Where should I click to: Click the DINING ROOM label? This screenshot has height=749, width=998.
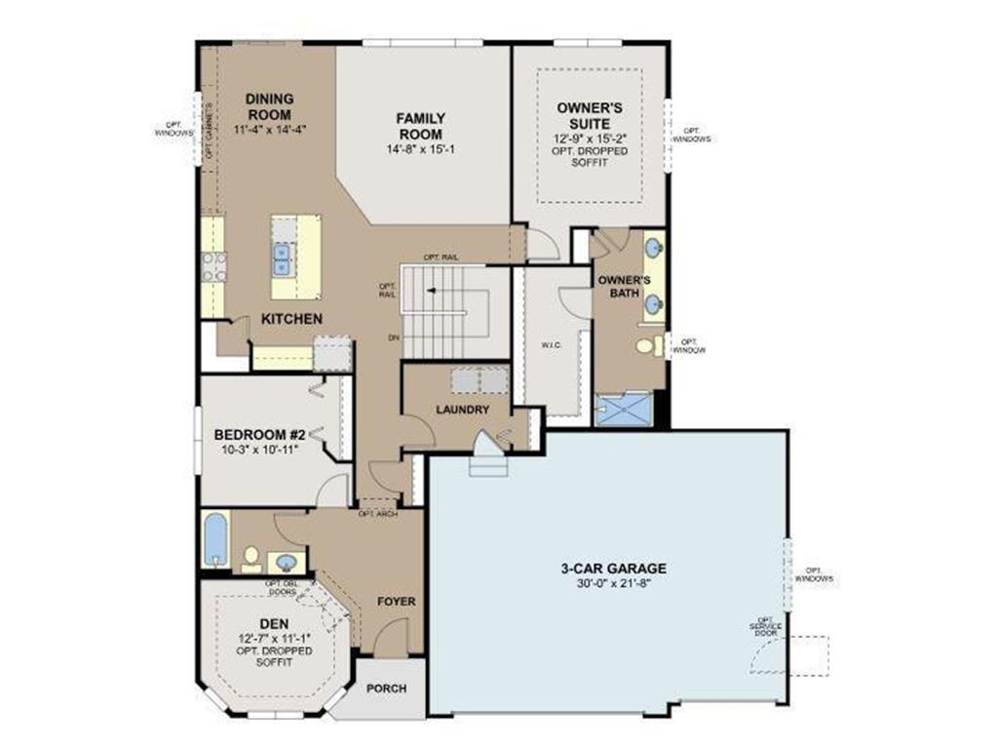pos(270,106)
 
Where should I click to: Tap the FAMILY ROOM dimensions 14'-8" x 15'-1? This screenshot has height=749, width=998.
pos(420,149)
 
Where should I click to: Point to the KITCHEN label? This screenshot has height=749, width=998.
pos(291,319)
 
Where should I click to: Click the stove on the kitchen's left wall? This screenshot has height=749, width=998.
pos(213,266)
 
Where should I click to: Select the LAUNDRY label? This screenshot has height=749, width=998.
pos(463,410)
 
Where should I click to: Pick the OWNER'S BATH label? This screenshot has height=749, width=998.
pos(624,286)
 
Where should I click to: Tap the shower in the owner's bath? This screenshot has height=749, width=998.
pos(623,409)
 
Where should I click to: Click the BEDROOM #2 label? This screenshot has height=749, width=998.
pos(260,434)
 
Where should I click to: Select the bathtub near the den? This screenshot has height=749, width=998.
pos(215,539)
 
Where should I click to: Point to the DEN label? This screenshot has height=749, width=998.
pos(274,624)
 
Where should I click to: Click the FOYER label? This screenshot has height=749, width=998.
pos(397,602)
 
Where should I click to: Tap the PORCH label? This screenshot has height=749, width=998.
pos(386,688)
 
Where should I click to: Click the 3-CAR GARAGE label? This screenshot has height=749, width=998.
pos(613,568)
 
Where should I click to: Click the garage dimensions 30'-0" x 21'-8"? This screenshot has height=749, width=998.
pos(613,582)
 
